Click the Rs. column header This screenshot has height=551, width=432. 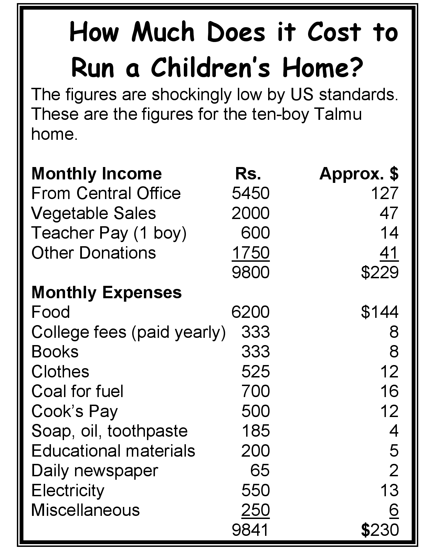point(248,174)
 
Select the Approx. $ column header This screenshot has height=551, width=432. point(359,174)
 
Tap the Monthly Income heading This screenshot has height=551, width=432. point(96,174)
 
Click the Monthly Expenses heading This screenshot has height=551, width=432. point(106,292)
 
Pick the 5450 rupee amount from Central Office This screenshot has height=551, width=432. point(250,193)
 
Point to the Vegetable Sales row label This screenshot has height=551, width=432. point(93,213)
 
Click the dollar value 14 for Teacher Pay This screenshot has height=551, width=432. point(389,233)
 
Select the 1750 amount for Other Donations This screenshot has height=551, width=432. point(250,253)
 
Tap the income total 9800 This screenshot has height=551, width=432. point(250,272)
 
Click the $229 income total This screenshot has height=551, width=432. point(380,272)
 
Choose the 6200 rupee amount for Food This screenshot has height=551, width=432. point(250,312)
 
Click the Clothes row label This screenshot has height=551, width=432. point(60,372)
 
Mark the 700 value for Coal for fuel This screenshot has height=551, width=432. point(255,391)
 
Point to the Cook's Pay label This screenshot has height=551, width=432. point(74,411)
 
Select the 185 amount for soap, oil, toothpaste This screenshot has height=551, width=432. point(255,431)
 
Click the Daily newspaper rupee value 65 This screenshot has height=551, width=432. point(260,470)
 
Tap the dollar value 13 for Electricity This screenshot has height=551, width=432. point(389,490)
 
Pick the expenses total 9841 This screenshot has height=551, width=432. point(250,530)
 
